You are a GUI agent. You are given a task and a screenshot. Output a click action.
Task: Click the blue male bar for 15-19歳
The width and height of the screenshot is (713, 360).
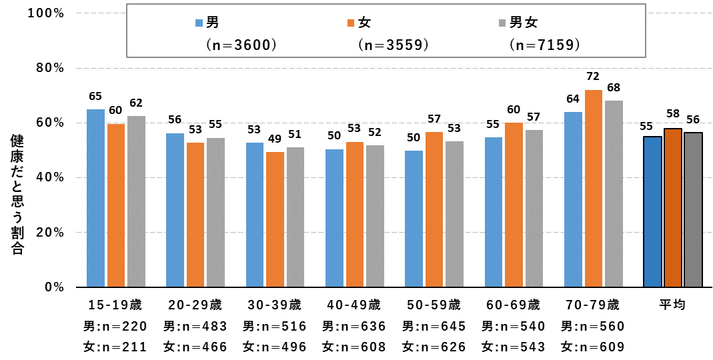95,198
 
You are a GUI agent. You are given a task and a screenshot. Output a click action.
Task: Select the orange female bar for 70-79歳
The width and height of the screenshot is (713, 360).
594,189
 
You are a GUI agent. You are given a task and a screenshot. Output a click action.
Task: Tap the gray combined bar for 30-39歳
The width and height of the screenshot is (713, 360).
295,217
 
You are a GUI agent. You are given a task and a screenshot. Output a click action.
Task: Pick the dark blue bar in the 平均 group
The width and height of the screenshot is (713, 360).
652,212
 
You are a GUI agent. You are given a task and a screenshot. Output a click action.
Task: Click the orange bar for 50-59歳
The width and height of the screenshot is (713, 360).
434,209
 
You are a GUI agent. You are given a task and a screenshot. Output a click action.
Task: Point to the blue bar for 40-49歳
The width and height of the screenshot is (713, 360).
335,218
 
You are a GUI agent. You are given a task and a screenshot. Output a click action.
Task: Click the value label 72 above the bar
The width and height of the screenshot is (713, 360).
593,76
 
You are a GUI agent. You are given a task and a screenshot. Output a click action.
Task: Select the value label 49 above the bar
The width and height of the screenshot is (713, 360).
275,138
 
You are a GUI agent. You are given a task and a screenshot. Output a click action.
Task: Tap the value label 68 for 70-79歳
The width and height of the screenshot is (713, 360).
614,87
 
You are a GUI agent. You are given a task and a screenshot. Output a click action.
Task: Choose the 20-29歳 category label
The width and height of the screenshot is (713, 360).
195,305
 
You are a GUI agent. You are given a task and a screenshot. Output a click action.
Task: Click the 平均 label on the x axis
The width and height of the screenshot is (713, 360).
672,305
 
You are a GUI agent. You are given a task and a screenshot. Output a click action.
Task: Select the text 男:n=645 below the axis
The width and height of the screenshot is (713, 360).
434,326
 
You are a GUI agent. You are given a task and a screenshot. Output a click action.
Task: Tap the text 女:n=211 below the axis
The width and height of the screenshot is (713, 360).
115,347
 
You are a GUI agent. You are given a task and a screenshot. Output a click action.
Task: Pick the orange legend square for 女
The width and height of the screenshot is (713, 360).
351,23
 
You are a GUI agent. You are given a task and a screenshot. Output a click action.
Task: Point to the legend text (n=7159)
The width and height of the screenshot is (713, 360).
544,45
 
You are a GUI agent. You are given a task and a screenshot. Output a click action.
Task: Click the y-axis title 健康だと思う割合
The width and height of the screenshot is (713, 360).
17,195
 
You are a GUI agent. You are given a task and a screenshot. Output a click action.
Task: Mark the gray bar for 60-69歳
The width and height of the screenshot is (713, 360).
534,209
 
